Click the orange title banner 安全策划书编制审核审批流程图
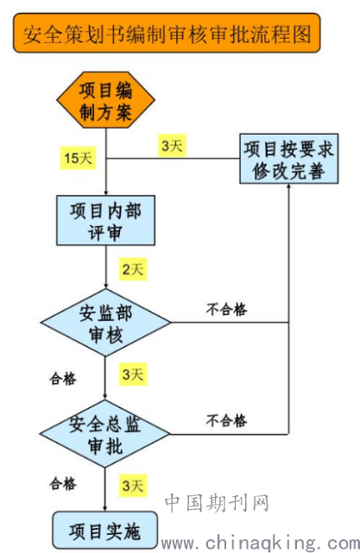pos(167,33)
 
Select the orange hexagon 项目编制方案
pos(105,100)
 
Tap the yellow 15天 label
pos(78,158)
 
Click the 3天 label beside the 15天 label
pos(172,145)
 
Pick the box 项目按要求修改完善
pos(289,159)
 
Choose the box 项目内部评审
pos(105,221)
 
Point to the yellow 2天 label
pos(133,269)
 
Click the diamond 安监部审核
pos(105,323)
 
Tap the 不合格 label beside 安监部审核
pos(226,310)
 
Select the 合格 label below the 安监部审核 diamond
pos(63,379)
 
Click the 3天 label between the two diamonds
pos(133,374)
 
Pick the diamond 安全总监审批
pos(104,434)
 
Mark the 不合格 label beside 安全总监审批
pos(226,421)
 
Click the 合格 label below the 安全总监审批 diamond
pos(63,483)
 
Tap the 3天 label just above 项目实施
pos(133,486)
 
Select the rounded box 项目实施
pos(104,530)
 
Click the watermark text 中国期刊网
pos(217,503)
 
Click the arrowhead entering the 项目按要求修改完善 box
pos(288,186)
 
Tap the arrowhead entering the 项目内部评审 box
pos(105,192)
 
